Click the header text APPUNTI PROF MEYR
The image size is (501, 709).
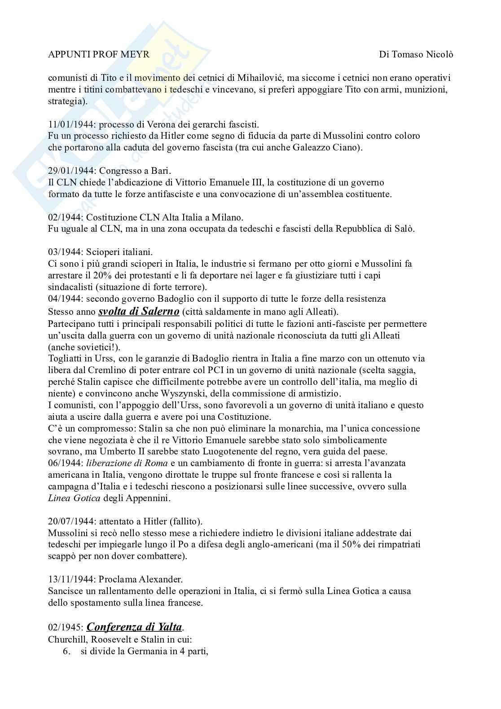coord(99,54)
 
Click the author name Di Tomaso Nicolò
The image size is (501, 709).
coord(416,54)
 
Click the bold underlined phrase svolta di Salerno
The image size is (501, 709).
coord(139,311)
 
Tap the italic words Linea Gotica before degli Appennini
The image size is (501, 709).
coord(75,498)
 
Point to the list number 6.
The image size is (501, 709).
coord(67,651)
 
